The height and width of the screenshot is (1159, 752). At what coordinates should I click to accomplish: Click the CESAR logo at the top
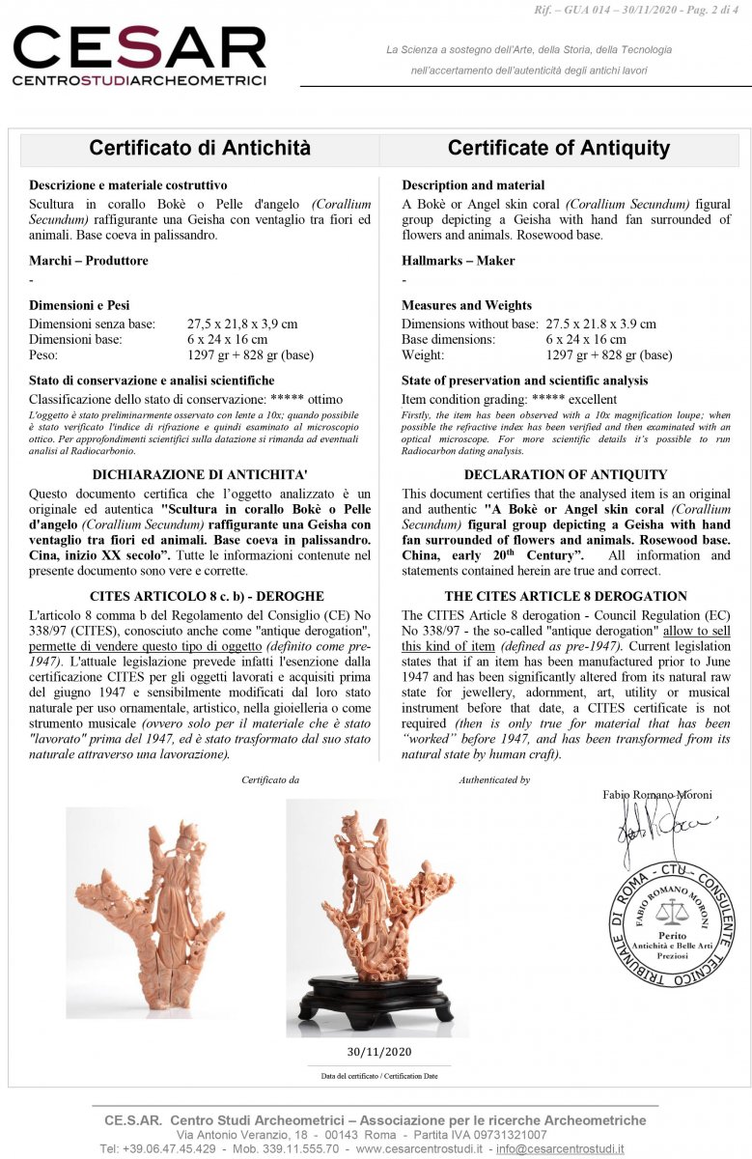[x=139, y=55]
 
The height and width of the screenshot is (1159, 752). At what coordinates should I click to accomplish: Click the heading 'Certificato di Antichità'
[x=200, y=148]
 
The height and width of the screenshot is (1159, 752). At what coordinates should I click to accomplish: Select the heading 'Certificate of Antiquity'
[x=558, y=148]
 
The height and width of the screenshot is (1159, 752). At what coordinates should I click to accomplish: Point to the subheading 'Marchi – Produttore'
[x=89, y=261]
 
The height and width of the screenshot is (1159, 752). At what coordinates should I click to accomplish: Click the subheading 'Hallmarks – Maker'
[x=459, y=261]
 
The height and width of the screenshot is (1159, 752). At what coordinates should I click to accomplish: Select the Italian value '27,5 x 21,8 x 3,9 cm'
[x=241, y=325]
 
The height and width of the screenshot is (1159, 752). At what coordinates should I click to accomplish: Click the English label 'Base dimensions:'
[x=445, y=340]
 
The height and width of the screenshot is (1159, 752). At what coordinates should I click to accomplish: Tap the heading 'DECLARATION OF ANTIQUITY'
[x=566, y=474]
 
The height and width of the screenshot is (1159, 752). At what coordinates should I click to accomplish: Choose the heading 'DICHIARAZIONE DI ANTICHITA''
[x=200, y=474]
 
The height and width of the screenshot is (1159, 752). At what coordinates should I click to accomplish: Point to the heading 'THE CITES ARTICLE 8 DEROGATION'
[x=566, y=596]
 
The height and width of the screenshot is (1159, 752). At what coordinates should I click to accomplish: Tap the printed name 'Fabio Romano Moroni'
[x=656, y=795]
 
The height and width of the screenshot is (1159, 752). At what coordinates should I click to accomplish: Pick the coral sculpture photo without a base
[x=145, y=913]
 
